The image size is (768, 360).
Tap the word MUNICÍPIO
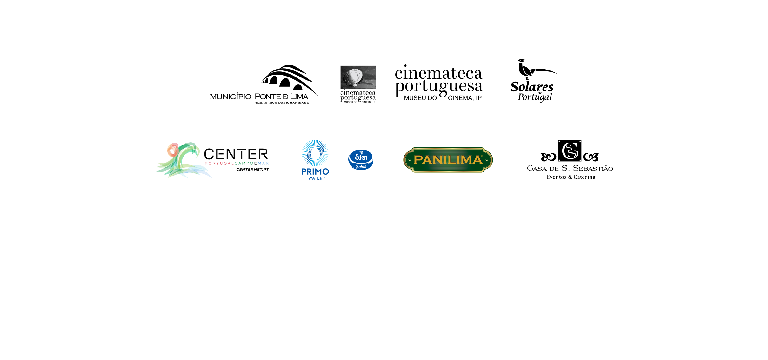[x=231, y=97]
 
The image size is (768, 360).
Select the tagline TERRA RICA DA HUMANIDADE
[x=282, y=103]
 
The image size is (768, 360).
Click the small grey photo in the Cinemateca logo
[x=358, y=77]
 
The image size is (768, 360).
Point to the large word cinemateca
[x=438, y=73]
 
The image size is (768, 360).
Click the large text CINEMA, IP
[x=465, y=98]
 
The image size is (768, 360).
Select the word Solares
[x=532, y=87]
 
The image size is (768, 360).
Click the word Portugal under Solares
[x=535, y=97]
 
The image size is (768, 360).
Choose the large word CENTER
[x=236, y=154]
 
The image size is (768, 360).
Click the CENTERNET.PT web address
[x=252, y=170]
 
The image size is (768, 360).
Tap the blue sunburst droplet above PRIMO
[x=315, y=153]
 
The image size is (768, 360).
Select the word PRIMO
[x=315, y=172]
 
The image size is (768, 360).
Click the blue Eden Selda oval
[x=361, y=160]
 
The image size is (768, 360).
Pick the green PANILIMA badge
[x=448, y=160]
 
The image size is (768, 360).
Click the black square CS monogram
[x=570, y=151]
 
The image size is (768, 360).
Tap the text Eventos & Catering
[x=571, y=177]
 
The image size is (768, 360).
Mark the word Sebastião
[x=593, y=168]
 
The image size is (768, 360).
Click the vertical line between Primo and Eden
[x=337, y=160]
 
